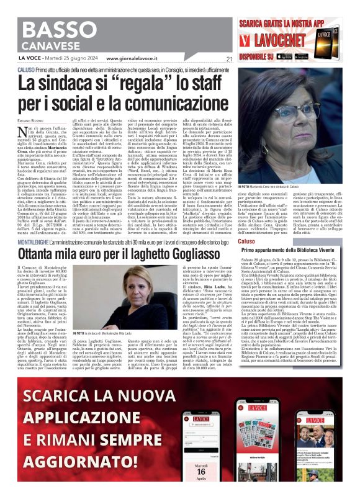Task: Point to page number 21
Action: [x=228, y=59]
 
